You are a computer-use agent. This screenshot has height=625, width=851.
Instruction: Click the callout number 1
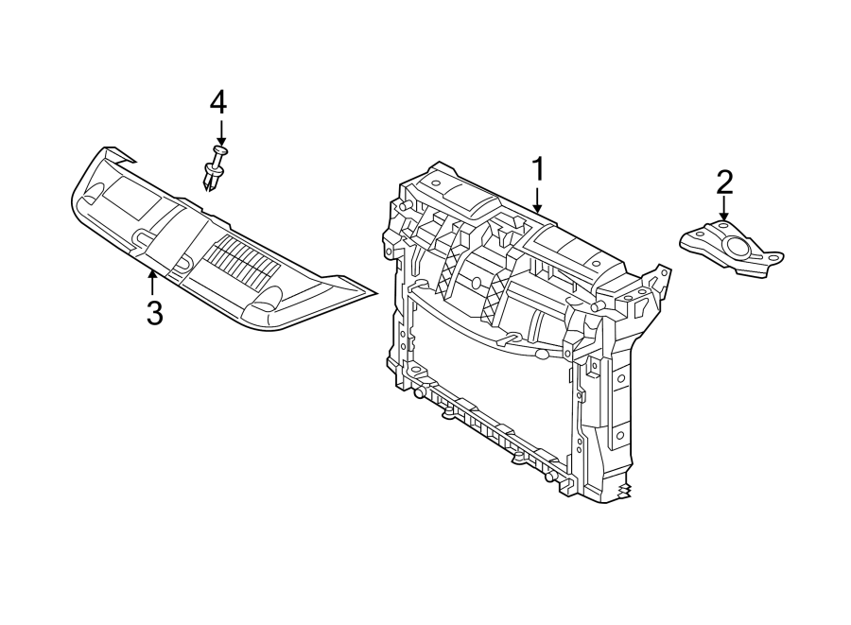[537, 170]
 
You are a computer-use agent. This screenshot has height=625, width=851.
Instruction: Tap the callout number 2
[724, 180]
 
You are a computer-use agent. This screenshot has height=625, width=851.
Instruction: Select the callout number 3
[154, 312]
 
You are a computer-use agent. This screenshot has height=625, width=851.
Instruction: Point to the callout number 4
[218, 101]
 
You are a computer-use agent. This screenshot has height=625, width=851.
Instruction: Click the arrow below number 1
[537, 199]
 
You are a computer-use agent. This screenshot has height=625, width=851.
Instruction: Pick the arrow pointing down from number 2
[724, 209]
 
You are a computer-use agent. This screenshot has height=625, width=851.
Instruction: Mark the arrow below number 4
[219, 132]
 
